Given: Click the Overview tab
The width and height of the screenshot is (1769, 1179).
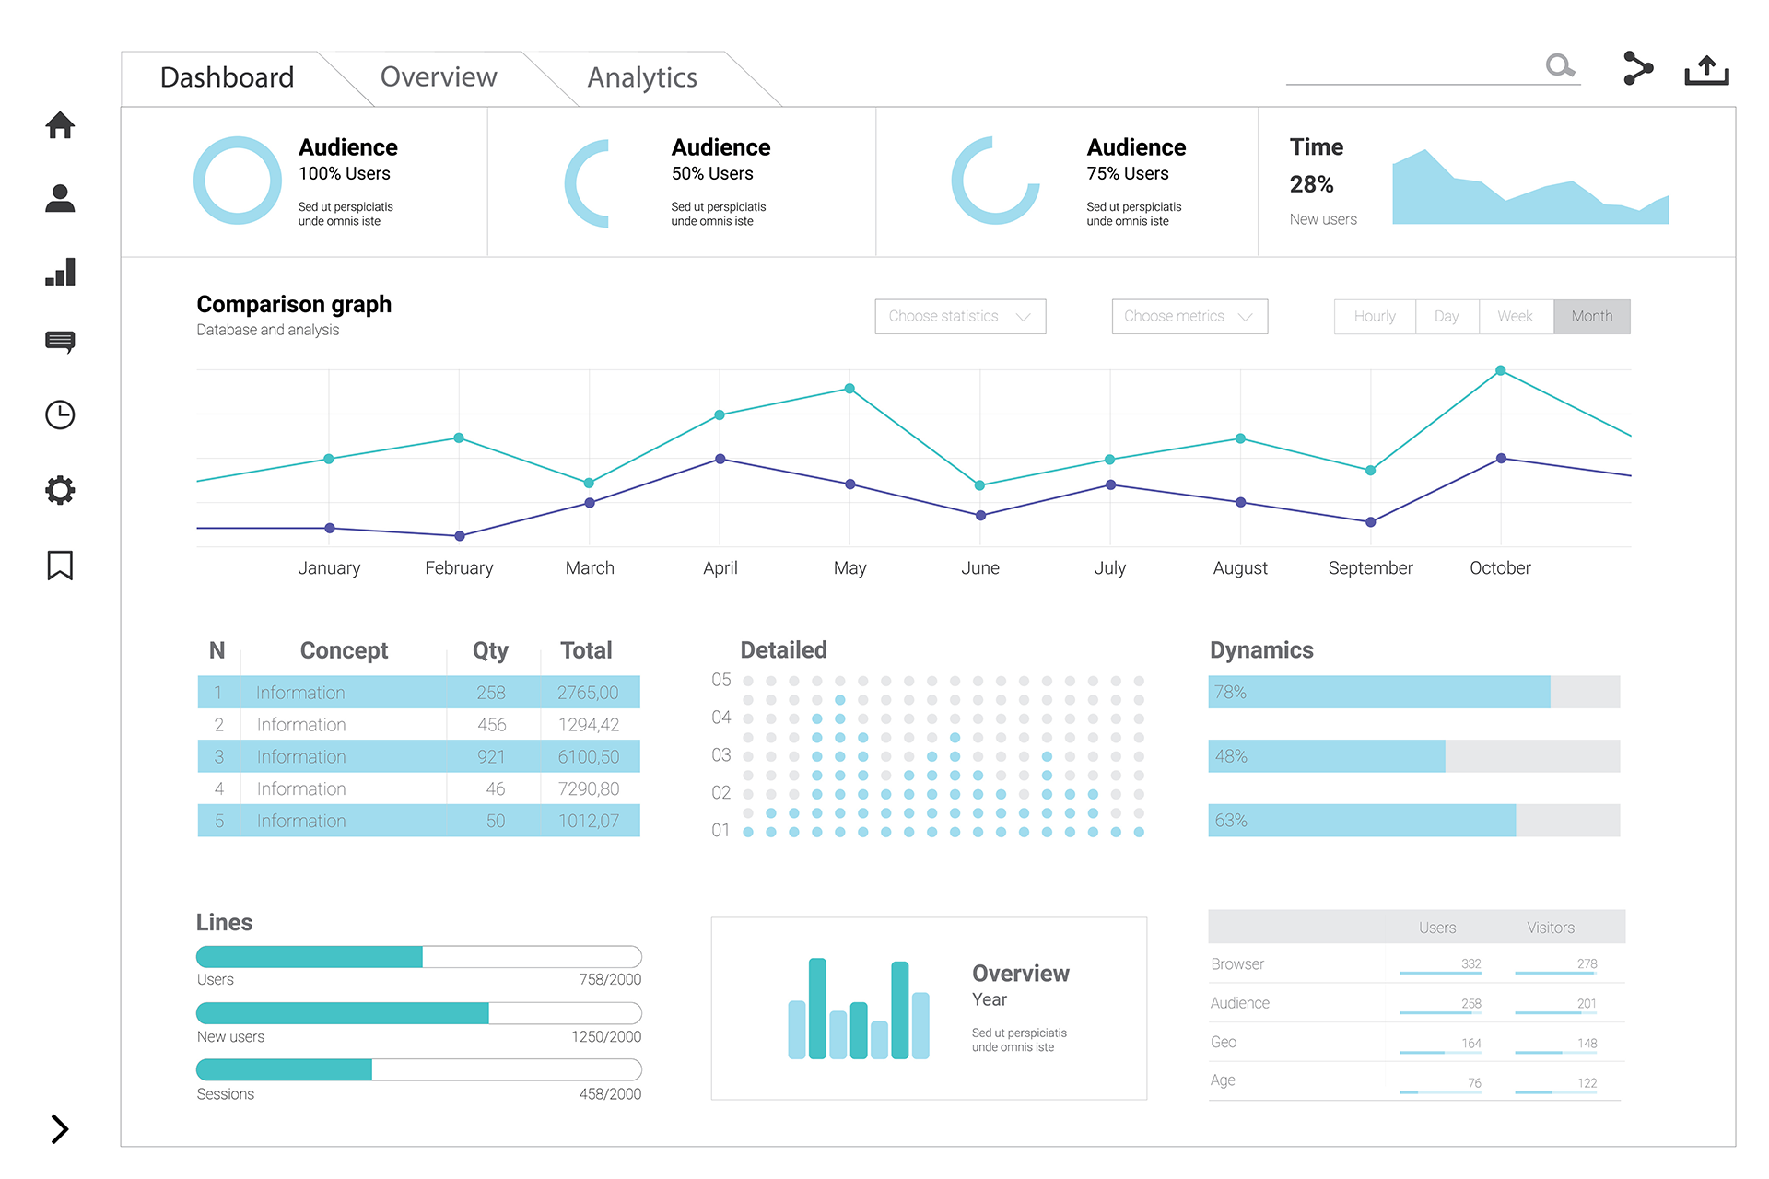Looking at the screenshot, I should point(439,77).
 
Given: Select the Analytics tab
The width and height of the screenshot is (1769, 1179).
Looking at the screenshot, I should point(642,78).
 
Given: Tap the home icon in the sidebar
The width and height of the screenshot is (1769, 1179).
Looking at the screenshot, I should point(60,125).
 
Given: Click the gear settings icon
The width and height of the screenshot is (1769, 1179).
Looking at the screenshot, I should point(60,490).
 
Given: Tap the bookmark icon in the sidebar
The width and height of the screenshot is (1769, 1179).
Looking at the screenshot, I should point(60,565).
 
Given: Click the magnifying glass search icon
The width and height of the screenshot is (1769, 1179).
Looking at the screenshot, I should point(1559,65).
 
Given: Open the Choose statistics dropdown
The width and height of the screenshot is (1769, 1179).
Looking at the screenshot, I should point(960,317).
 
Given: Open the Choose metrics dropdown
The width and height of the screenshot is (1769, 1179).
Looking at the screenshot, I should point(1189,317).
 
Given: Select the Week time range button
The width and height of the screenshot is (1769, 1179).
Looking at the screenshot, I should point(1515,317).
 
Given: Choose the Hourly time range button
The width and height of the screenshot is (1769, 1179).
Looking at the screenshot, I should point(1375,317).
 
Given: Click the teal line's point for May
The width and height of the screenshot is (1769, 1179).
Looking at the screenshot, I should point(849,389).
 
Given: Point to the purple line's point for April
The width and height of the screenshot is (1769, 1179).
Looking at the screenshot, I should point(720,459).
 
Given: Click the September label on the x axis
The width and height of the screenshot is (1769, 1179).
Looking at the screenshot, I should point(1370,568).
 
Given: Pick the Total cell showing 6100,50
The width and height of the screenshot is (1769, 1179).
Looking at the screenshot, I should point(589,757).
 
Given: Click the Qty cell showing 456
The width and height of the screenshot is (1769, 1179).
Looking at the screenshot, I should point(491,725).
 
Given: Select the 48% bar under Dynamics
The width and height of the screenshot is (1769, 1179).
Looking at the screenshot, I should point(1327,756).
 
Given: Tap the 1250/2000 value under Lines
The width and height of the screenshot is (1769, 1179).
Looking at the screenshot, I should point(606,1037).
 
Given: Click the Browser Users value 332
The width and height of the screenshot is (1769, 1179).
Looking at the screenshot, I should point(1470,964).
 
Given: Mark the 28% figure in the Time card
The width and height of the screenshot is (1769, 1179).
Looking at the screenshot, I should point(1311,185).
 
